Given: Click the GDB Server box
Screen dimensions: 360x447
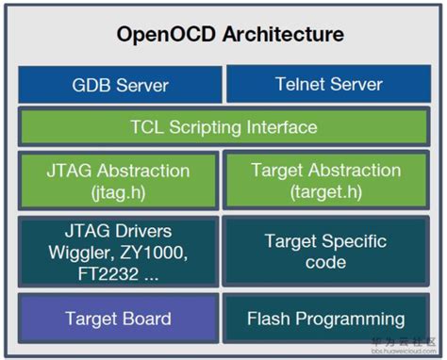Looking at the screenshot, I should pos(120,85).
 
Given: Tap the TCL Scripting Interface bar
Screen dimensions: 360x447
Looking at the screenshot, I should pos(223,127).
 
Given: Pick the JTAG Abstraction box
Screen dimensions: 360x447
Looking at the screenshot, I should pos(118,181).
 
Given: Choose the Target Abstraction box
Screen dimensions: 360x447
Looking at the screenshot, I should pos(326,181).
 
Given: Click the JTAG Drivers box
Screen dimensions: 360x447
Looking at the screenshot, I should pos(118,252).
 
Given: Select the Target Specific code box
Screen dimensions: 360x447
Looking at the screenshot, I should pos(326,252).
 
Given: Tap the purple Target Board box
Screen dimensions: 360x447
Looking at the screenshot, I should pos(118,319).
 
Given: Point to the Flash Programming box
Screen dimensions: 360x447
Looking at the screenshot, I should pos(326,319).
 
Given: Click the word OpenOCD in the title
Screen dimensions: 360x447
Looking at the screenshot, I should pos(163,36).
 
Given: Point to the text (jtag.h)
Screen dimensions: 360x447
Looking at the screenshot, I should pos(118,191).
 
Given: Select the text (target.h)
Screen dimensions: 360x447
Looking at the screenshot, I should pos(326,191).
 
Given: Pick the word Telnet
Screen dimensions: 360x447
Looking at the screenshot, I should pos(300,85).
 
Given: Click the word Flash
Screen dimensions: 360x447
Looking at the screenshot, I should pos(269,319).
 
